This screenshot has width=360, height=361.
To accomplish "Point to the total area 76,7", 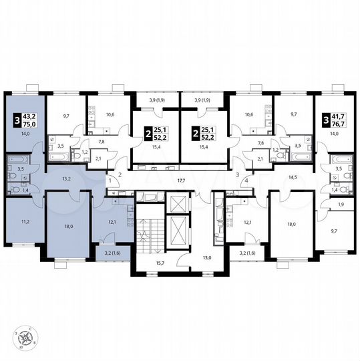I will (x=339, y=124).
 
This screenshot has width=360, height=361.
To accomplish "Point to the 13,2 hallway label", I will (x=67, y=178).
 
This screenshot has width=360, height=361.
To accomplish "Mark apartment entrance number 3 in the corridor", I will (x=237, y=174).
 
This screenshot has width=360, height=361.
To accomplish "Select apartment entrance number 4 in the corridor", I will (x=246, y=180).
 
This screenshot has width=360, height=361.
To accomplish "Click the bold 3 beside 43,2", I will (x=17, y=120).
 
